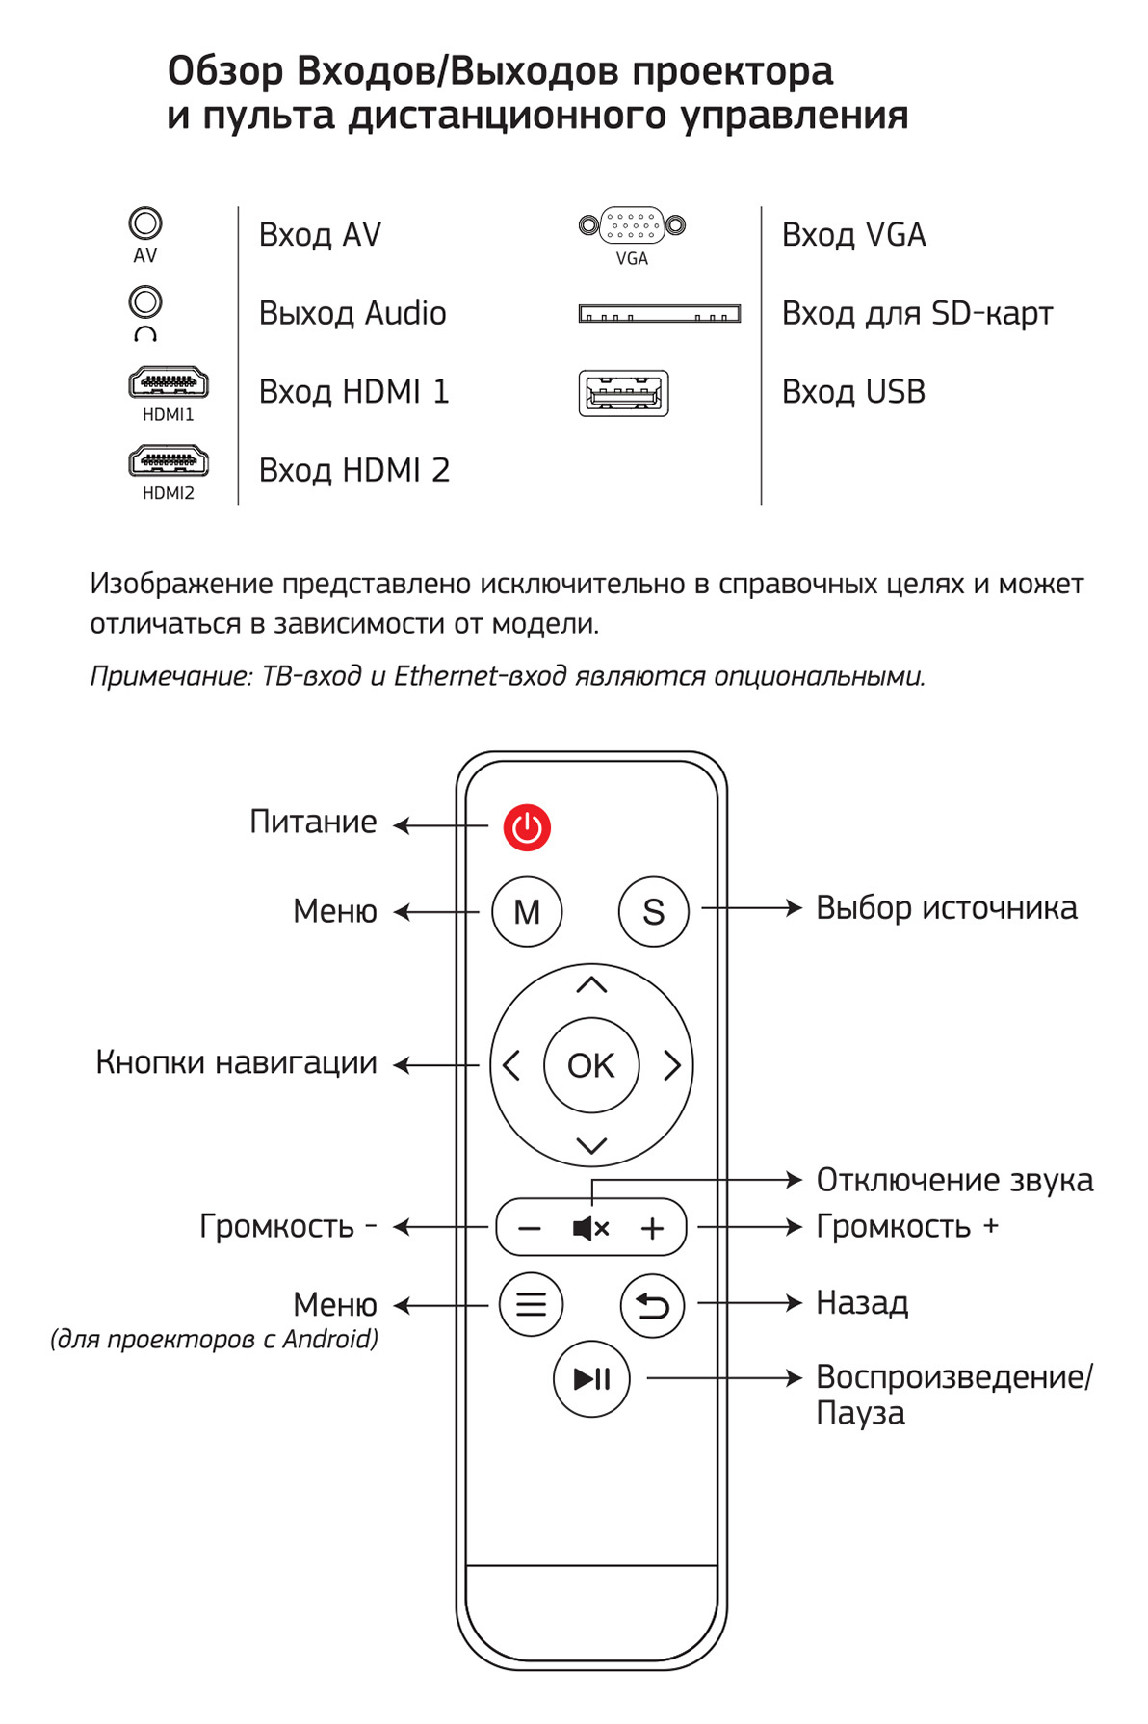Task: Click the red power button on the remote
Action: tap(527, 826)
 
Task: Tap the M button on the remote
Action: tap(527, 911)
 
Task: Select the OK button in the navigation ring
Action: tap(591, 1065)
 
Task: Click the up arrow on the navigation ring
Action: tap(591, 984)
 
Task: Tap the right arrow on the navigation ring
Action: tap(672, 1065)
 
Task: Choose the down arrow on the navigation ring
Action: tap(591, 1145)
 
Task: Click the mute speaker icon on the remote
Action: tap(590, 1228)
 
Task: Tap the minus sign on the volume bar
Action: tap(530, 1228)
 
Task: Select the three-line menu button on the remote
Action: tap(531, 1304)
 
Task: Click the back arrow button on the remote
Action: tap(652, 1305)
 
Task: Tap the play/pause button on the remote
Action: tap(591, 1379)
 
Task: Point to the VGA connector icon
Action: tap(632, 226)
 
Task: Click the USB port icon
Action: tap(623, 393)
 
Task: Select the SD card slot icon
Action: tap(659, 314)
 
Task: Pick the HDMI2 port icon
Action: tap(169, 462)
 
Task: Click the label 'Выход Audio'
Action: tap(352, 314)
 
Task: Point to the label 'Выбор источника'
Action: tap(946, 908)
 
